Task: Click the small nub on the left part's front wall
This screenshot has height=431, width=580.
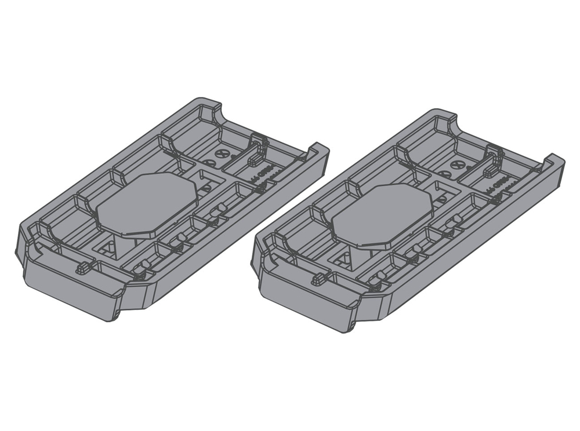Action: (x=84, y=268)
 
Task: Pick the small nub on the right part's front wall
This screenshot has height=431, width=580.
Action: (x=318, y=279)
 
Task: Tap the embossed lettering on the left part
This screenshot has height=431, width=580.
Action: (x=264, y=174)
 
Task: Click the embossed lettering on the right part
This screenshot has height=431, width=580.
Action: (x=499, y=185)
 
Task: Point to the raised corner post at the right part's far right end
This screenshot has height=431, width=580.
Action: (x=553, y=162)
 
